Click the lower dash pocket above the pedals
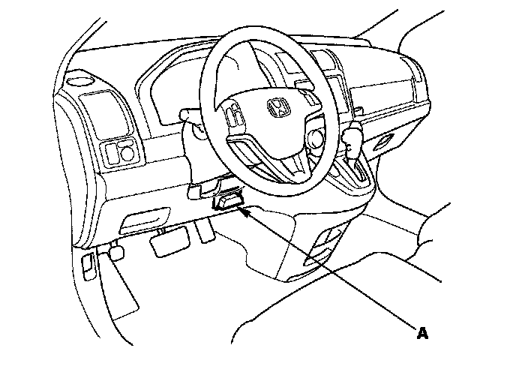(x=142, y=220)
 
